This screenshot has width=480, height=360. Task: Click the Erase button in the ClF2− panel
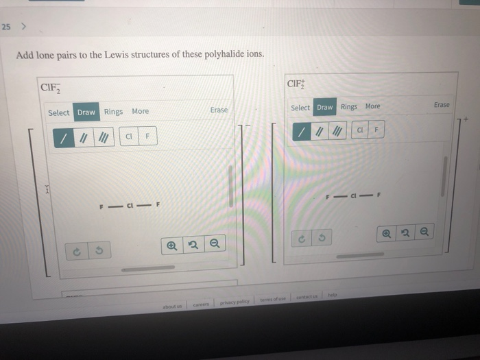(x=219, y=110)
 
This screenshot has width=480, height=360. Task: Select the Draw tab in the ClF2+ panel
(x=325, y=107)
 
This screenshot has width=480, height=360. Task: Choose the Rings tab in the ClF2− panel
(x=114, y=112)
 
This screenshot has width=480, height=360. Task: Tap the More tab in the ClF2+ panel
(x=372, y=106)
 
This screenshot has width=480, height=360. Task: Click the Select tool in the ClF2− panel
(x=58, y=112)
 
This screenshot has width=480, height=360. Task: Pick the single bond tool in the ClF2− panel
(x=64, y=138)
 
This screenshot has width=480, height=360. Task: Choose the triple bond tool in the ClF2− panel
(x=103, y=138)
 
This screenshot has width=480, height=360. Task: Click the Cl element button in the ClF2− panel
(x=128, y=137)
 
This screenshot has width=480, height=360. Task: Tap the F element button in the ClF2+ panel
(x=376, y=130)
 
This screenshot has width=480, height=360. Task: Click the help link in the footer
(x=332, y=293)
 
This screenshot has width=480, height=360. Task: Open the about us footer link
(x=173, y=306)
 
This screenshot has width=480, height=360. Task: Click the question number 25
(x=6, y=27)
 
